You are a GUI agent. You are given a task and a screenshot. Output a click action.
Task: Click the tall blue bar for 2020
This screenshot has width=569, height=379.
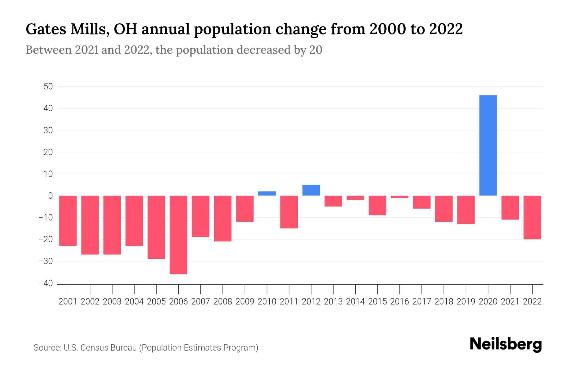[x=488, y=145]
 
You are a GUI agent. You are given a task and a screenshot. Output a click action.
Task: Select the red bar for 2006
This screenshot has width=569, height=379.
[x=179, y=235]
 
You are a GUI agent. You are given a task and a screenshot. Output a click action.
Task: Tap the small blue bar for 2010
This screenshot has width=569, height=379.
[x=267, y=194]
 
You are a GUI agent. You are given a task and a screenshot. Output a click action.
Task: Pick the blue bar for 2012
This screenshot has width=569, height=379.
[x=311, y=190]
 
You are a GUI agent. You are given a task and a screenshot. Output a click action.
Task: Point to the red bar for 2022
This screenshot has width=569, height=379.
[x=532, y=217]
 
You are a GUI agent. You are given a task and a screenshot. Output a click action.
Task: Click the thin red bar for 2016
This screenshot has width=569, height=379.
[x=400, y=197]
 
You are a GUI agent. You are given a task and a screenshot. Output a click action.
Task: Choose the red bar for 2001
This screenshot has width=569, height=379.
[x=68, y=220]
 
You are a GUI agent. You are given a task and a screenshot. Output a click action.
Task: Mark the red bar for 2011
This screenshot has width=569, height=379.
[x=289, y=212]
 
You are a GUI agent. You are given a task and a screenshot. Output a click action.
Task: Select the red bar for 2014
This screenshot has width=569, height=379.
[x=355, y=198]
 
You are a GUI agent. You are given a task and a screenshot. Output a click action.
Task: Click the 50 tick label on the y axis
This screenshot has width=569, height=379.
[x=48, y=87]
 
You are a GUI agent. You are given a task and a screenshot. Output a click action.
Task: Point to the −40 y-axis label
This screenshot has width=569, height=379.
[x=46, y=283]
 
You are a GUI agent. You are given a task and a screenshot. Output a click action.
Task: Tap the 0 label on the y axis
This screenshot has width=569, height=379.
[x=50, y=196]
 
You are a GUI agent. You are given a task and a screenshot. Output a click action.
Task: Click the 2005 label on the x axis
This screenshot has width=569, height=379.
[x=156, y=302]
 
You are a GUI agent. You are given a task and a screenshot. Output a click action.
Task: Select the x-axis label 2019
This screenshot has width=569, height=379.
[x=466, y=302]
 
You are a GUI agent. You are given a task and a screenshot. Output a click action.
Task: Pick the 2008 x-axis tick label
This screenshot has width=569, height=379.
[x=223, y=302]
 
